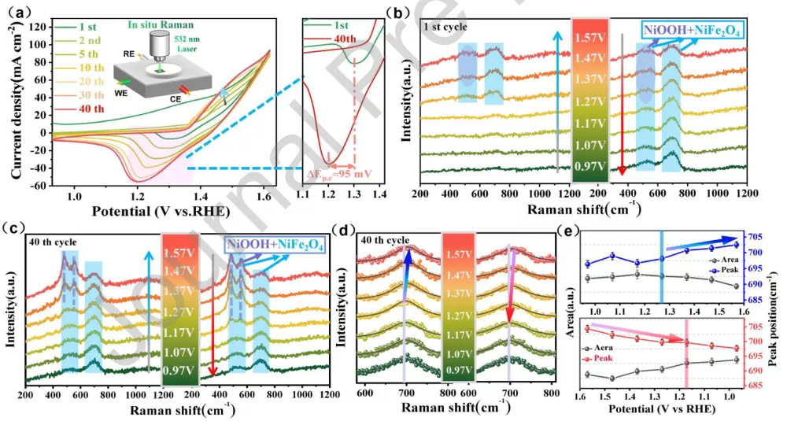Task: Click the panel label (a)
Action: [x=17, y=10]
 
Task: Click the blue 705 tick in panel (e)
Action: [x=757, y=236]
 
